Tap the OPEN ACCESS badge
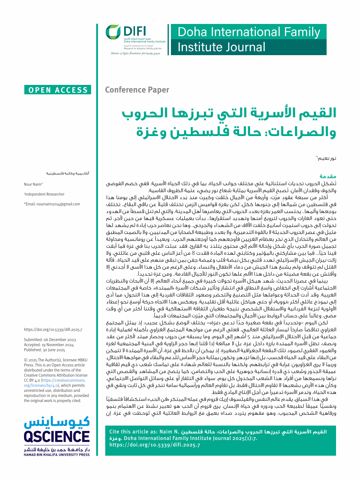click(x=58, y=90)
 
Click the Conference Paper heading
click(x=137, y=90)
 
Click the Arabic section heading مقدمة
click(x=328, y=176)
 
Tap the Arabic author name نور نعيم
click(x=327, y=158)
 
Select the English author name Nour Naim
click(x=33, y=184)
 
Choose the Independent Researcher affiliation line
click(x=45, y=194)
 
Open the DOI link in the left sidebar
click(x=53, y=329)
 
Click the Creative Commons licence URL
click(x=54, y=383)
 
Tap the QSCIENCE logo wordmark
click(x=57, y=436)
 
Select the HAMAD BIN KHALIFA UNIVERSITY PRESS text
click(x=57, y=454)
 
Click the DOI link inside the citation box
click(x=155, y=445)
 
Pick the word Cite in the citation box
click(x=115, y=432)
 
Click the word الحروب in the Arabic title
click(x=145, y=113)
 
